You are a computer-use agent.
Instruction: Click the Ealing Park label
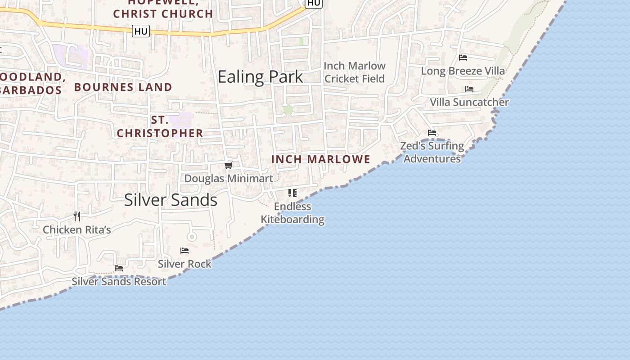tap(260, 77)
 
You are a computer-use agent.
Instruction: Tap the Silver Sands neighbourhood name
tap(171, 200)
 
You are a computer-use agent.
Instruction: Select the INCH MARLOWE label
tap(321, 159)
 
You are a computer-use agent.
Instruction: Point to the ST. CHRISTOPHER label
tap(160, 126)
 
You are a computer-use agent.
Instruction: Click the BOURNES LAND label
tap(123, 87)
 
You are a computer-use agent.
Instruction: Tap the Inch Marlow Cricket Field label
tap(355, 72)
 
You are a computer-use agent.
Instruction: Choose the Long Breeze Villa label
tap(463, 71)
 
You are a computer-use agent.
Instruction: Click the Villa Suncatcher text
tap(469, 102)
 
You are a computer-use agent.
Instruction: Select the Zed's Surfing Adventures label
tap(432, 152)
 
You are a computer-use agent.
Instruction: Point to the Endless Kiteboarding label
tap(292, 213)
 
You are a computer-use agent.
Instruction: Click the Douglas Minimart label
tap(229, 178)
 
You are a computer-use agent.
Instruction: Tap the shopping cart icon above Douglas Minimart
tap(229, 166)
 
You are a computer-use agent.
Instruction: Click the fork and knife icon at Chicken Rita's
tap(77, 216)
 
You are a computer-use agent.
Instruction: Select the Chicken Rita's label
tap(76, 229)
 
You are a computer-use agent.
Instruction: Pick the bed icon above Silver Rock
tap(184, 251)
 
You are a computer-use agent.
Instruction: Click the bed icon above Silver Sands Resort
tap(119, 268)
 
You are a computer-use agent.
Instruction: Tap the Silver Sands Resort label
tap(119, 281)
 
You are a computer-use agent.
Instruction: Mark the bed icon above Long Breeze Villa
tap(463, 58)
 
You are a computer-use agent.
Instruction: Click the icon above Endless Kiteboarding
tap(292, 193)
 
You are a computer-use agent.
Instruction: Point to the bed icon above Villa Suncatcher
tap(469, 89)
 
